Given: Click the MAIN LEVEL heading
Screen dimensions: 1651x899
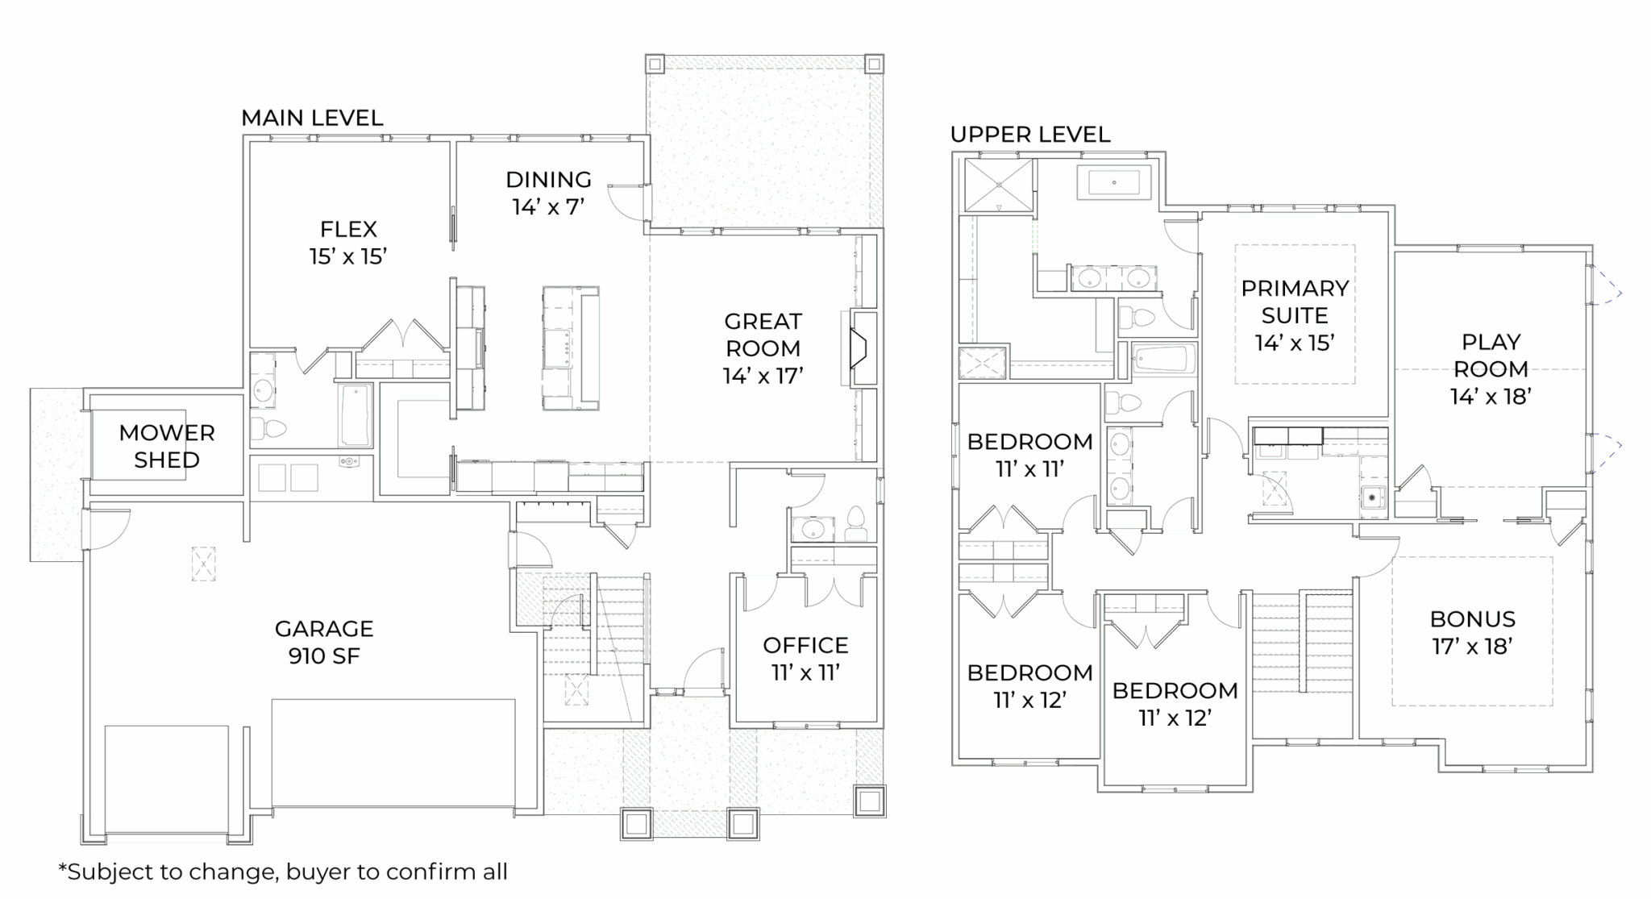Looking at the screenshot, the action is click(312, 118).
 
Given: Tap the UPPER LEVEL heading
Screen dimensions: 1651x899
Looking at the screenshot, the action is click(1030, 134).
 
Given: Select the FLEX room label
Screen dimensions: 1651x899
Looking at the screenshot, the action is click(348, 242).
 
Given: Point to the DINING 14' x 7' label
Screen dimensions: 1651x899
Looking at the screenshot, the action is click(548, 193).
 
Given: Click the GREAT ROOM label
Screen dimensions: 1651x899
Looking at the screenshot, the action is click(763, 348).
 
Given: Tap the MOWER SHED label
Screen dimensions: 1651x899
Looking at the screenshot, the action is click(167, 446).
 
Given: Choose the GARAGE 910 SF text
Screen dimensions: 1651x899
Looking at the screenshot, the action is click(324, 642).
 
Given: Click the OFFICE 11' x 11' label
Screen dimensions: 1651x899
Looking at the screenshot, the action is click(805, 659).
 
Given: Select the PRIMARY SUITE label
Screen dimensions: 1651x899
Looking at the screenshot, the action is click(1295, 315).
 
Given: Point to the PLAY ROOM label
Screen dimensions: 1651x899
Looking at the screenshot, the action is click(1491, 368).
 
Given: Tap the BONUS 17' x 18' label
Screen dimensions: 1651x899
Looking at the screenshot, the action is click(1473, 633).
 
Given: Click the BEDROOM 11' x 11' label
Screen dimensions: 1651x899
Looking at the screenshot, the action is click(1029, 455).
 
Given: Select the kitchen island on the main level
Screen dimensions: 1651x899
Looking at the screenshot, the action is click(570, 348).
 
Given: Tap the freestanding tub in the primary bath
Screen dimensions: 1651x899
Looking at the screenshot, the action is click(1114, 183).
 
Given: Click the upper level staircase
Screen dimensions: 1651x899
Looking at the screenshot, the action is click(1301, 664).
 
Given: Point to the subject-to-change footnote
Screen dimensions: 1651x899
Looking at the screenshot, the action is click(283, 872).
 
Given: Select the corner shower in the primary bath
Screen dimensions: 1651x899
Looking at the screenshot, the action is click(998, 185).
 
